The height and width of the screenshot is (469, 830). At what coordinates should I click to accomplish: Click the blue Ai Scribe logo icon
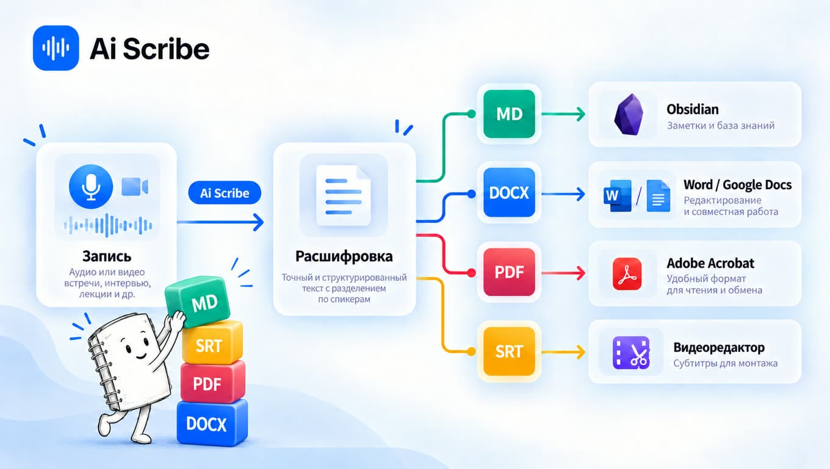point(56,48)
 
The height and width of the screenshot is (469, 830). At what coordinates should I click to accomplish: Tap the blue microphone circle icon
point(91,186)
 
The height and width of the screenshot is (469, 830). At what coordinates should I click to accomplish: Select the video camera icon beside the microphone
point(135,186)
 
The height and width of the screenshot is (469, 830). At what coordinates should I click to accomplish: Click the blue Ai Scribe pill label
point(225,193)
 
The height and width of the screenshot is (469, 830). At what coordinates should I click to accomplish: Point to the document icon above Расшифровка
point(344,195)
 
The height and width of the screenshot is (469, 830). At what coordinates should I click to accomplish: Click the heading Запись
point(107,256)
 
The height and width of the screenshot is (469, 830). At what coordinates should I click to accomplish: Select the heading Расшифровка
point(344,256)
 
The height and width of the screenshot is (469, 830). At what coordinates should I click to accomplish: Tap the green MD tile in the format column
point(509,114)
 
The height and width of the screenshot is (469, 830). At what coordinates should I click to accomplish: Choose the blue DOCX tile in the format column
point(509,192)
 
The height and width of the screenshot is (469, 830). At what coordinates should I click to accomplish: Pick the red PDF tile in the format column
point(509,272)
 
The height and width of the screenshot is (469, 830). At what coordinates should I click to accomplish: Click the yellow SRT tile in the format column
point(509,352)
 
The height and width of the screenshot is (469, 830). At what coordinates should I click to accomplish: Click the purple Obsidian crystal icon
point(629,114)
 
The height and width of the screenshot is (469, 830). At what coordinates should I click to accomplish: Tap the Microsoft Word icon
point(618,195)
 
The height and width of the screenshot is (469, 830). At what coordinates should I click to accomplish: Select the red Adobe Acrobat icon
point(627,274)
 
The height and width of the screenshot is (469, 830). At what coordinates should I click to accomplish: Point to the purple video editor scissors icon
point(631,352)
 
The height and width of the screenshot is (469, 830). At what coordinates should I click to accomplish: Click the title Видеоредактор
point(719,347)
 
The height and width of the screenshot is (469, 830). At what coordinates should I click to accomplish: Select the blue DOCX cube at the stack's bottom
point(212,423)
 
